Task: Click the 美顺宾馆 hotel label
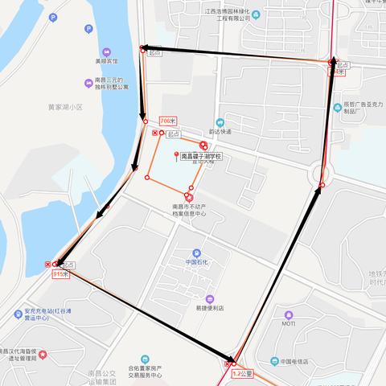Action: tap(105, 60)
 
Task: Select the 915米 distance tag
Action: tap(60, 274)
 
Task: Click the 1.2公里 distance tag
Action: tap(242, 374)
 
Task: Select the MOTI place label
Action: tap(289, 323)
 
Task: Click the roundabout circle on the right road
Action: tap(322, 171)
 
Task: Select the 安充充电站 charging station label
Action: tap(48, 314)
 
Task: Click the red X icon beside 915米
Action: tap(48, 264)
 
